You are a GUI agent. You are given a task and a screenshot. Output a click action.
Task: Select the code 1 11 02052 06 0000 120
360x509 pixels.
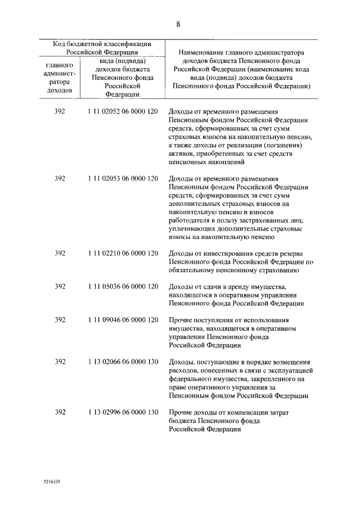pos(123,111)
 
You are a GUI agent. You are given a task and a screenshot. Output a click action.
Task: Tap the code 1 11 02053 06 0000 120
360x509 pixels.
pos(123,178)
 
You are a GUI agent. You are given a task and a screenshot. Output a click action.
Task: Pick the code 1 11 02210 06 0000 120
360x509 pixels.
pos(123,253)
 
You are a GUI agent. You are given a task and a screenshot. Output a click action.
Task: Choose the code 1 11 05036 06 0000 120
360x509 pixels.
pos(123,286)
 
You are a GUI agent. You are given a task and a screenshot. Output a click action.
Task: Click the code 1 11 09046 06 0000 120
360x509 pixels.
pos(123,319)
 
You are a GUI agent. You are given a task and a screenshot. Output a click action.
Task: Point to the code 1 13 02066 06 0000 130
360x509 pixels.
pos(123,362)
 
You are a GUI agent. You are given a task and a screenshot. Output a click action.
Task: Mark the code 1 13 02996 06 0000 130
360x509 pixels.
pos(123,412)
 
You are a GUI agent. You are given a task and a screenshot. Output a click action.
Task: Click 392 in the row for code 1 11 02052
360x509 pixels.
pos(60,111)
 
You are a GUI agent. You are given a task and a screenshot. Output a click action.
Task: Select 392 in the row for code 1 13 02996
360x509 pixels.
pos(60,412)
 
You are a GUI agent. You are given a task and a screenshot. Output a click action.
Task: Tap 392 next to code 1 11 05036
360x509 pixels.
pos(60,286)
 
